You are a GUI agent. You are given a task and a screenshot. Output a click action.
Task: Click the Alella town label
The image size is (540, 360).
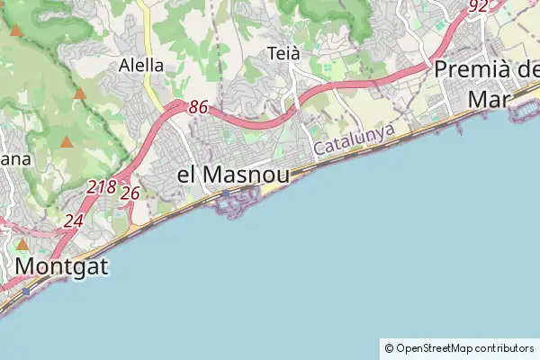point(141,65)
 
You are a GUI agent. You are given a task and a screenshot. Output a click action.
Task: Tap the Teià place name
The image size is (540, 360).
point(283,54)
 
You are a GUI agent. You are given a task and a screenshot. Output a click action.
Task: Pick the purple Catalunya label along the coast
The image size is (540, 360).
point(355,139)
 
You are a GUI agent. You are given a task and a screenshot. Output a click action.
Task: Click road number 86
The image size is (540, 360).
point(198,107)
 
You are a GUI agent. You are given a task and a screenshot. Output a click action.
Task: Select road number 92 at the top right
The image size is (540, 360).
point(478,6)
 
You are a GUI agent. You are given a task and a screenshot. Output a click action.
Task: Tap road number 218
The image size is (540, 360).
point(102,187)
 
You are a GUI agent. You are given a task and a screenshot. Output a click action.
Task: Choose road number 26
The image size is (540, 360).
point(130,193)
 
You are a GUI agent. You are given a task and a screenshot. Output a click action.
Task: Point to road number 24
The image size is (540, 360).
point(73,220)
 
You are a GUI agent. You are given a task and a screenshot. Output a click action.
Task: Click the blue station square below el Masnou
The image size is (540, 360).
point(225,193)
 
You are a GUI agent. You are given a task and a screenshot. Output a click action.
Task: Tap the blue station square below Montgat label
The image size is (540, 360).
point(27,291)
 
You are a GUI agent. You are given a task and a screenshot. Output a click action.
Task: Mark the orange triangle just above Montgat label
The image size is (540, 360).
point(22,244)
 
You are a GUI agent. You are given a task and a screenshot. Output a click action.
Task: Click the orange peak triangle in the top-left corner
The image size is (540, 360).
point(15,31)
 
